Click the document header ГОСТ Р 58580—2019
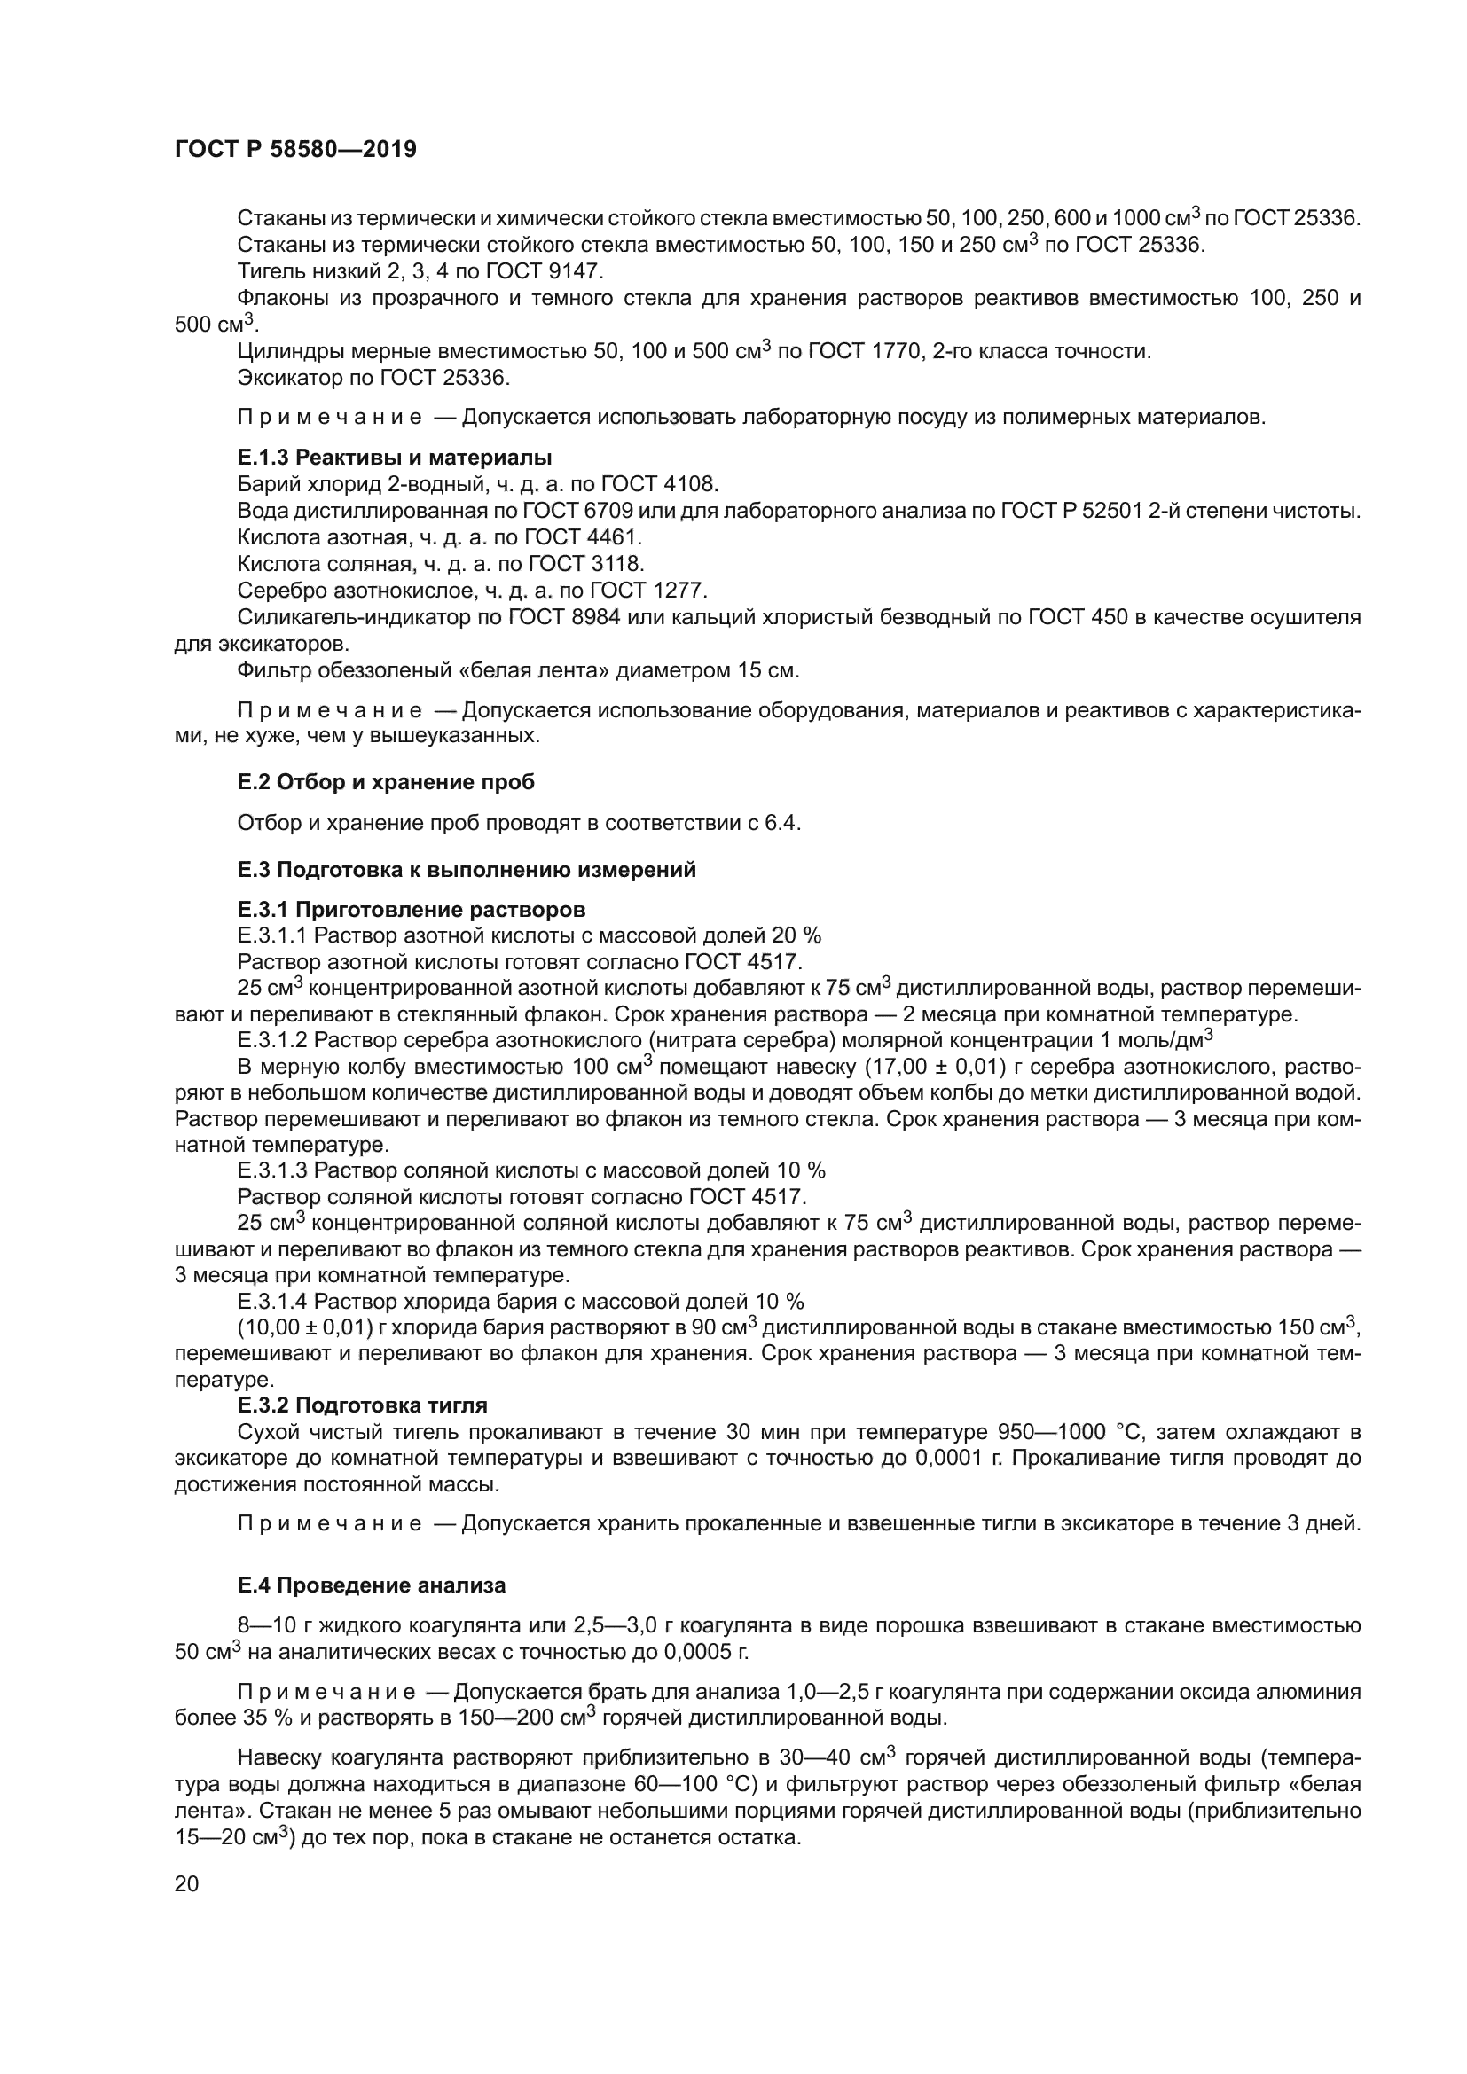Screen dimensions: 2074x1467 (x=295, y=150)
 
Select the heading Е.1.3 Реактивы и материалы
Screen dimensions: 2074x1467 (x=395, y=457)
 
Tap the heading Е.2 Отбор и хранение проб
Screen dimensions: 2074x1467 (x=386, y=782)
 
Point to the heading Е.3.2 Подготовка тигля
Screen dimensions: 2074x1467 (x=362, y=1405)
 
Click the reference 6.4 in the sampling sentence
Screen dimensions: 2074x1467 (x=782, y=823)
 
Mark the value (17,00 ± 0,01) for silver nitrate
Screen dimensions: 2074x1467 (x=935, y=1067)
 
